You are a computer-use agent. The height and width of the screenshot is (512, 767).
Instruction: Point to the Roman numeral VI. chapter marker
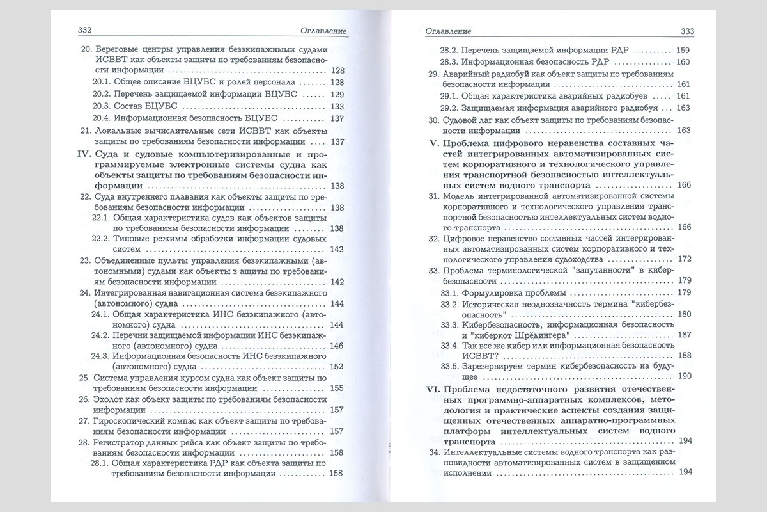tap(438, 390)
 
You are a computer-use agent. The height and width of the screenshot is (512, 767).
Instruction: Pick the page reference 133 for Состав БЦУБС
tap(338, 106)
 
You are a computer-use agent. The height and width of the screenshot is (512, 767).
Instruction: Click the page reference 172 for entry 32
tap(684, 259)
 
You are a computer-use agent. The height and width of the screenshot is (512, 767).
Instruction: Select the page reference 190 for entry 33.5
tap(684, 376)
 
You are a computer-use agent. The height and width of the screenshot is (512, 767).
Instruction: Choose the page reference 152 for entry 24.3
tap(338, 367)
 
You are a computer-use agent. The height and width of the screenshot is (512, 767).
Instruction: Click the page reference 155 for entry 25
tap(338, 388)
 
